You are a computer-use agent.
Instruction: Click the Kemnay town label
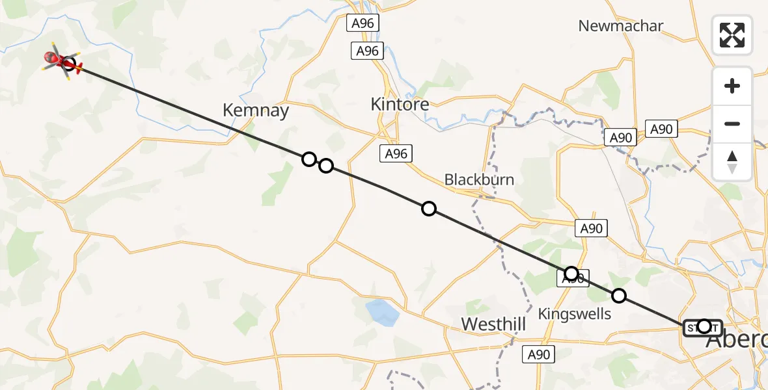255,110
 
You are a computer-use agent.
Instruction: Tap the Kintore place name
400,104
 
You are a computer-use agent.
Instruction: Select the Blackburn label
479,180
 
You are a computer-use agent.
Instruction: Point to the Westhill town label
493,324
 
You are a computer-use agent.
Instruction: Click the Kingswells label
575,314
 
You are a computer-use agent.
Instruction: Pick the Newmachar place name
621,26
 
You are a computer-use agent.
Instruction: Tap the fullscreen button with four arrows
732,35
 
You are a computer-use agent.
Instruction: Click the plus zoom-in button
732,86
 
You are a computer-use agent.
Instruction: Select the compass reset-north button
732,162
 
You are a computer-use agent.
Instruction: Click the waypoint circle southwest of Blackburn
429,209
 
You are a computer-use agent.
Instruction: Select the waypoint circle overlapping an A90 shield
571,274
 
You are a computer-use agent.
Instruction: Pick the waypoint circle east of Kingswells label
619,296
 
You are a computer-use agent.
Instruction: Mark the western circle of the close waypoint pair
309,159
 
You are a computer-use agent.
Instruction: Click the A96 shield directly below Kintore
396,153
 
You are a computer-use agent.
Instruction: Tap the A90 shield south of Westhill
539,355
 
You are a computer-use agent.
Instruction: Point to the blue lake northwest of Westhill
383,312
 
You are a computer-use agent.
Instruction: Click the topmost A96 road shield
363,23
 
